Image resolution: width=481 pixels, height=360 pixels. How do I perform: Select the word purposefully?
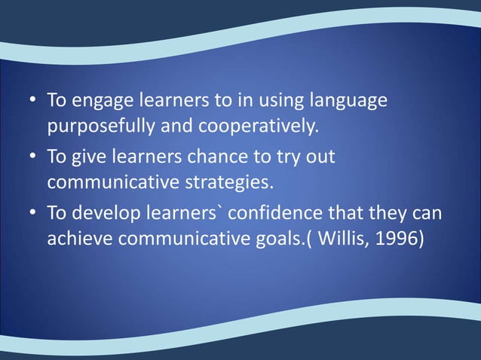[101, 124]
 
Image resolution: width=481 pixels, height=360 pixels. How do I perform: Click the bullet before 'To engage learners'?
[33, 100]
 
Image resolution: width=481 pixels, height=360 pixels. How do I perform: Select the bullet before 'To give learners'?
[33, 158]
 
